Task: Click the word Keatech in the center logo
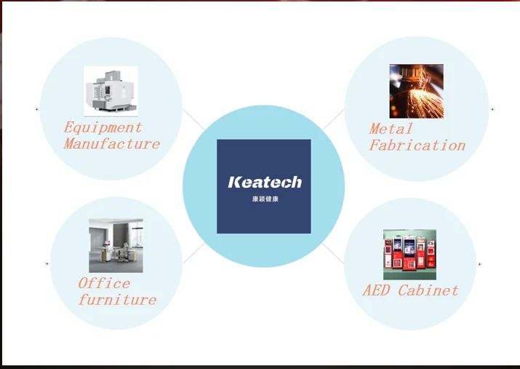point(264,182)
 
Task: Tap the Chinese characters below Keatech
point(264,199)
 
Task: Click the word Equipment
point(103,128)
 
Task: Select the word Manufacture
point(112,143)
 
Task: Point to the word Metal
point(391,129)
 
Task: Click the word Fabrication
point(417,145)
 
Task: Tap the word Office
point(105,283)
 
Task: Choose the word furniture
point(117,299)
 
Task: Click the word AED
point(377,290)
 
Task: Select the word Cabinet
point(428,290)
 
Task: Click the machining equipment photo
point(111,92)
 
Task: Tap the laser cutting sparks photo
point(416,91)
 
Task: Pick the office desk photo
point(116,245)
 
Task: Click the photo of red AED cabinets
point(409,255)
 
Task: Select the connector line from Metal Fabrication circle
point(333,120)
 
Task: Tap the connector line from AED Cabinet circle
point(333,253)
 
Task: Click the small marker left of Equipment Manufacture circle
point(37,109)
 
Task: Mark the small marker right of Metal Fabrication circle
point(492,109)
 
